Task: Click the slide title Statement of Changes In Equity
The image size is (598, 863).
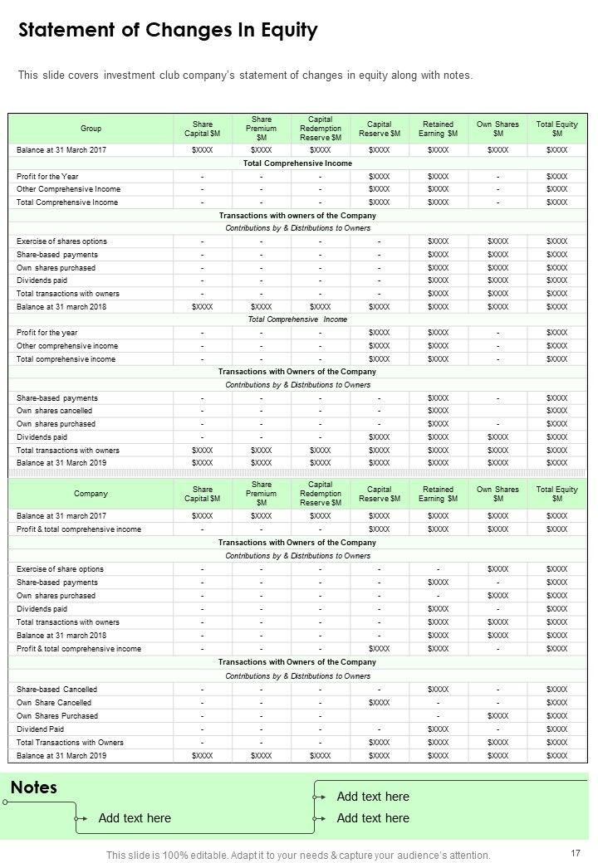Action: [x=168, y=32]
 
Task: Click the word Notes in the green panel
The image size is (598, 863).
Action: [x=34, y=787]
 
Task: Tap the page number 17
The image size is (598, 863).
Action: [x=576, y=853]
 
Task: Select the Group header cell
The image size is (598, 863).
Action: [x=91, y=129]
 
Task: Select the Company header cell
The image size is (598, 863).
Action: [x=91, y=494]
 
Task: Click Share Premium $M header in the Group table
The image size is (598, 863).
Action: [x=261, y=129]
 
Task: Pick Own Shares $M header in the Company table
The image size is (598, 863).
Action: [x=498, y=494]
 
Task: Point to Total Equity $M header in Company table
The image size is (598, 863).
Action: [x=556, y=494]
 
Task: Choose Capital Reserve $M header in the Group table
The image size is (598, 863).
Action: [x=379, y=129]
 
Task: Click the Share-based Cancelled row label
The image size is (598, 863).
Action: [x=56, y=690]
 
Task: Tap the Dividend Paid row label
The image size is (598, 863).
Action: [x=40, y=729]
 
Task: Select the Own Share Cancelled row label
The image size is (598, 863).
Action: [x=54, y=703]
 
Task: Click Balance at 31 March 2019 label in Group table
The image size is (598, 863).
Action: [x=61, y=463]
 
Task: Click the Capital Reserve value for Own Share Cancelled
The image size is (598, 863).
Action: [x=379, y=703]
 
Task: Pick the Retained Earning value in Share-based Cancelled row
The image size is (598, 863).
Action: [x=438, y=690]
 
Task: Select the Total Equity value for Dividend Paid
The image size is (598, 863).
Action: [x=556, y=729]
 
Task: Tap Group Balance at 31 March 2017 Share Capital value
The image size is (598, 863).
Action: [x=203, y=150]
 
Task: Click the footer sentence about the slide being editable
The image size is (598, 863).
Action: [x=298, y=855]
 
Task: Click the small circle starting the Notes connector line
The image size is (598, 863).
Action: [x=6, y=802]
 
